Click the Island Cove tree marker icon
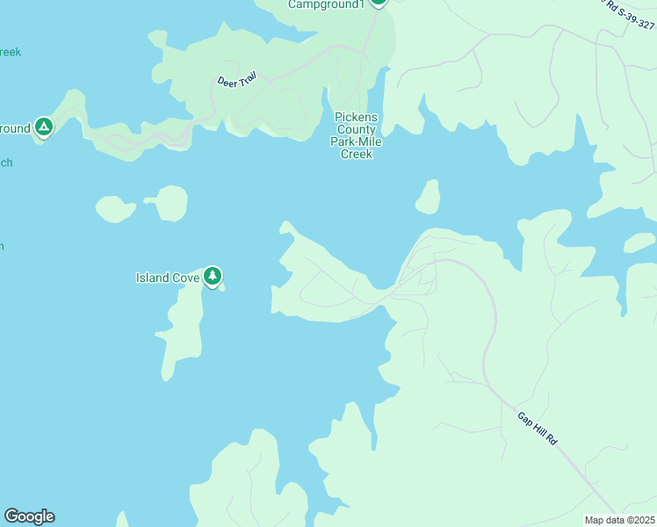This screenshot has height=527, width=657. point(212,277)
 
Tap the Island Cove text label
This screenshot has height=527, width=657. point(168,278)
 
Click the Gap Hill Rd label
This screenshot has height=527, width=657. point(538,429)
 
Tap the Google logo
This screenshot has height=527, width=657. point(29,516)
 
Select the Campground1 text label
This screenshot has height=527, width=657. point(326,4)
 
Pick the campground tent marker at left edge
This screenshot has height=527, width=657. point(43,127)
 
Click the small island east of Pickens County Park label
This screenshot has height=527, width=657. point(429,199)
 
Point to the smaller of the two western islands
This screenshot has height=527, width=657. point(115,209)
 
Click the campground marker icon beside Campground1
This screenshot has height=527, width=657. point(379,2)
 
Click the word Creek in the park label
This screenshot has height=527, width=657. point(357,155)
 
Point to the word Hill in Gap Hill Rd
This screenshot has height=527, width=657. point(538,430)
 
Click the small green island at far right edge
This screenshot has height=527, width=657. point(639,242)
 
